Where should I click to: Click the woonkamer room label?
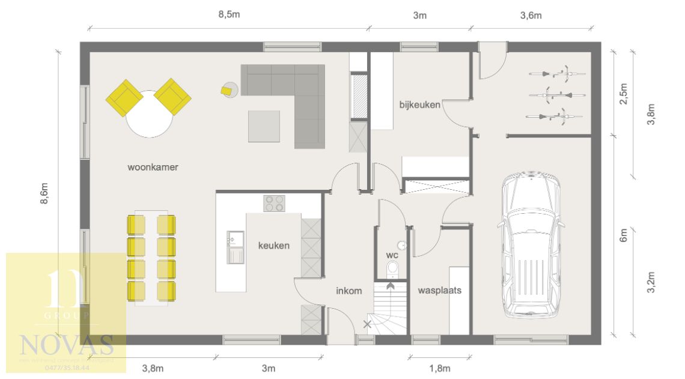coord(153,168)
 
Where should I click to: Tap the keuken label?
coord(274,245)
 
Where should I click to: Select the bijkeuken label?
coord(419,105)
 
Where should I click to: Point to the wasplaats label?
coord(439,290)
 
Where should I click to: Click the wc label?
coord(392,255)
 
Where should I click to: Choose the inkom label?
coord(349,291)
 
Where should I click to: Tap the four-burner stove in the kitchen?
coord(275,204)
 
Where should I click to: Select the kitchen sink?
coord(236,247)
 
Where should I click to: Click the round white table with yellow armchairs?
coord(148,115)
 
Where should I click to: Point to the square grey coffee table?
coord(264,126)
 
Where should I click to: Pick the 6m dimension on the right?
coord(623,235)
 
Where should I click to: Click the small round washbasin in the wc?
coord(401,245)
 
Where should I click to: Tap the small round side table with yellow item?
coord(229,89)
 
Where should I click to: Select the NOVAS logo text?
coord(66,345)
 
